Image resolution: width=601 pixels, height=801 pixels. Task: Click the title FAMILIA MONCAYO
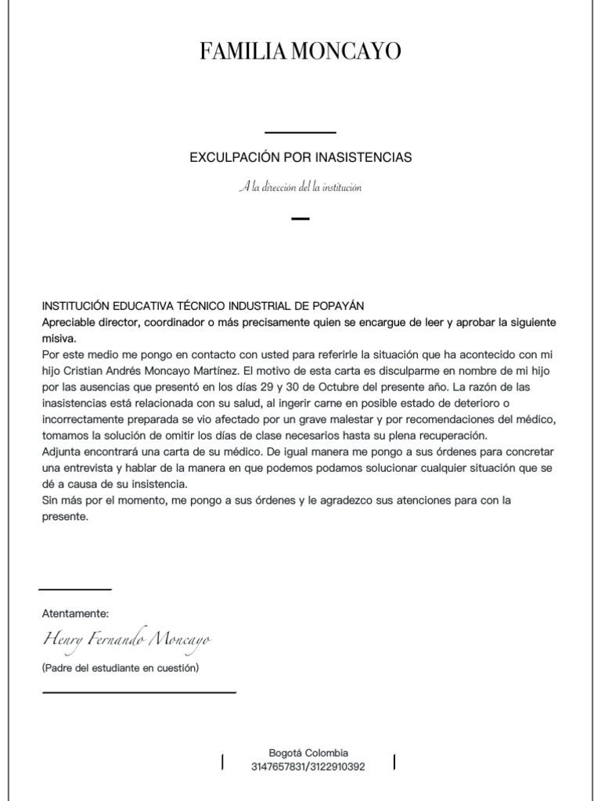click(300, 52)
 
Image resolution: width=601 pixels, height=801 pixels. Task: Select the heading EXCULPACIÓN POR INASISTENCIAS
click(300, 158)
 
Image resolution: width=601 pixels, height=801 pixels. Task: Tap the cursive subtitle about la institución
click(300, 188)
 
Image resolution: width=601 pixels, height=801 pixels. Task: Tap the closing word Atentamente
click(75, 613)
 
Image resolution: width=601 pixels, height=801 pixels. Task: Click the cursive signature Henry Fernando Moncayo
click(126, 641)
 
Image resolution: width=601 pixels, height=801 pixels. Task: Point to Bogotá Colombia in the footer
click(308, 752)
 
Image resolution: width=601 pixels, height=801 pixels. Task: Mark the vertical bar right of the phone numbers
click(394, 761)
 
